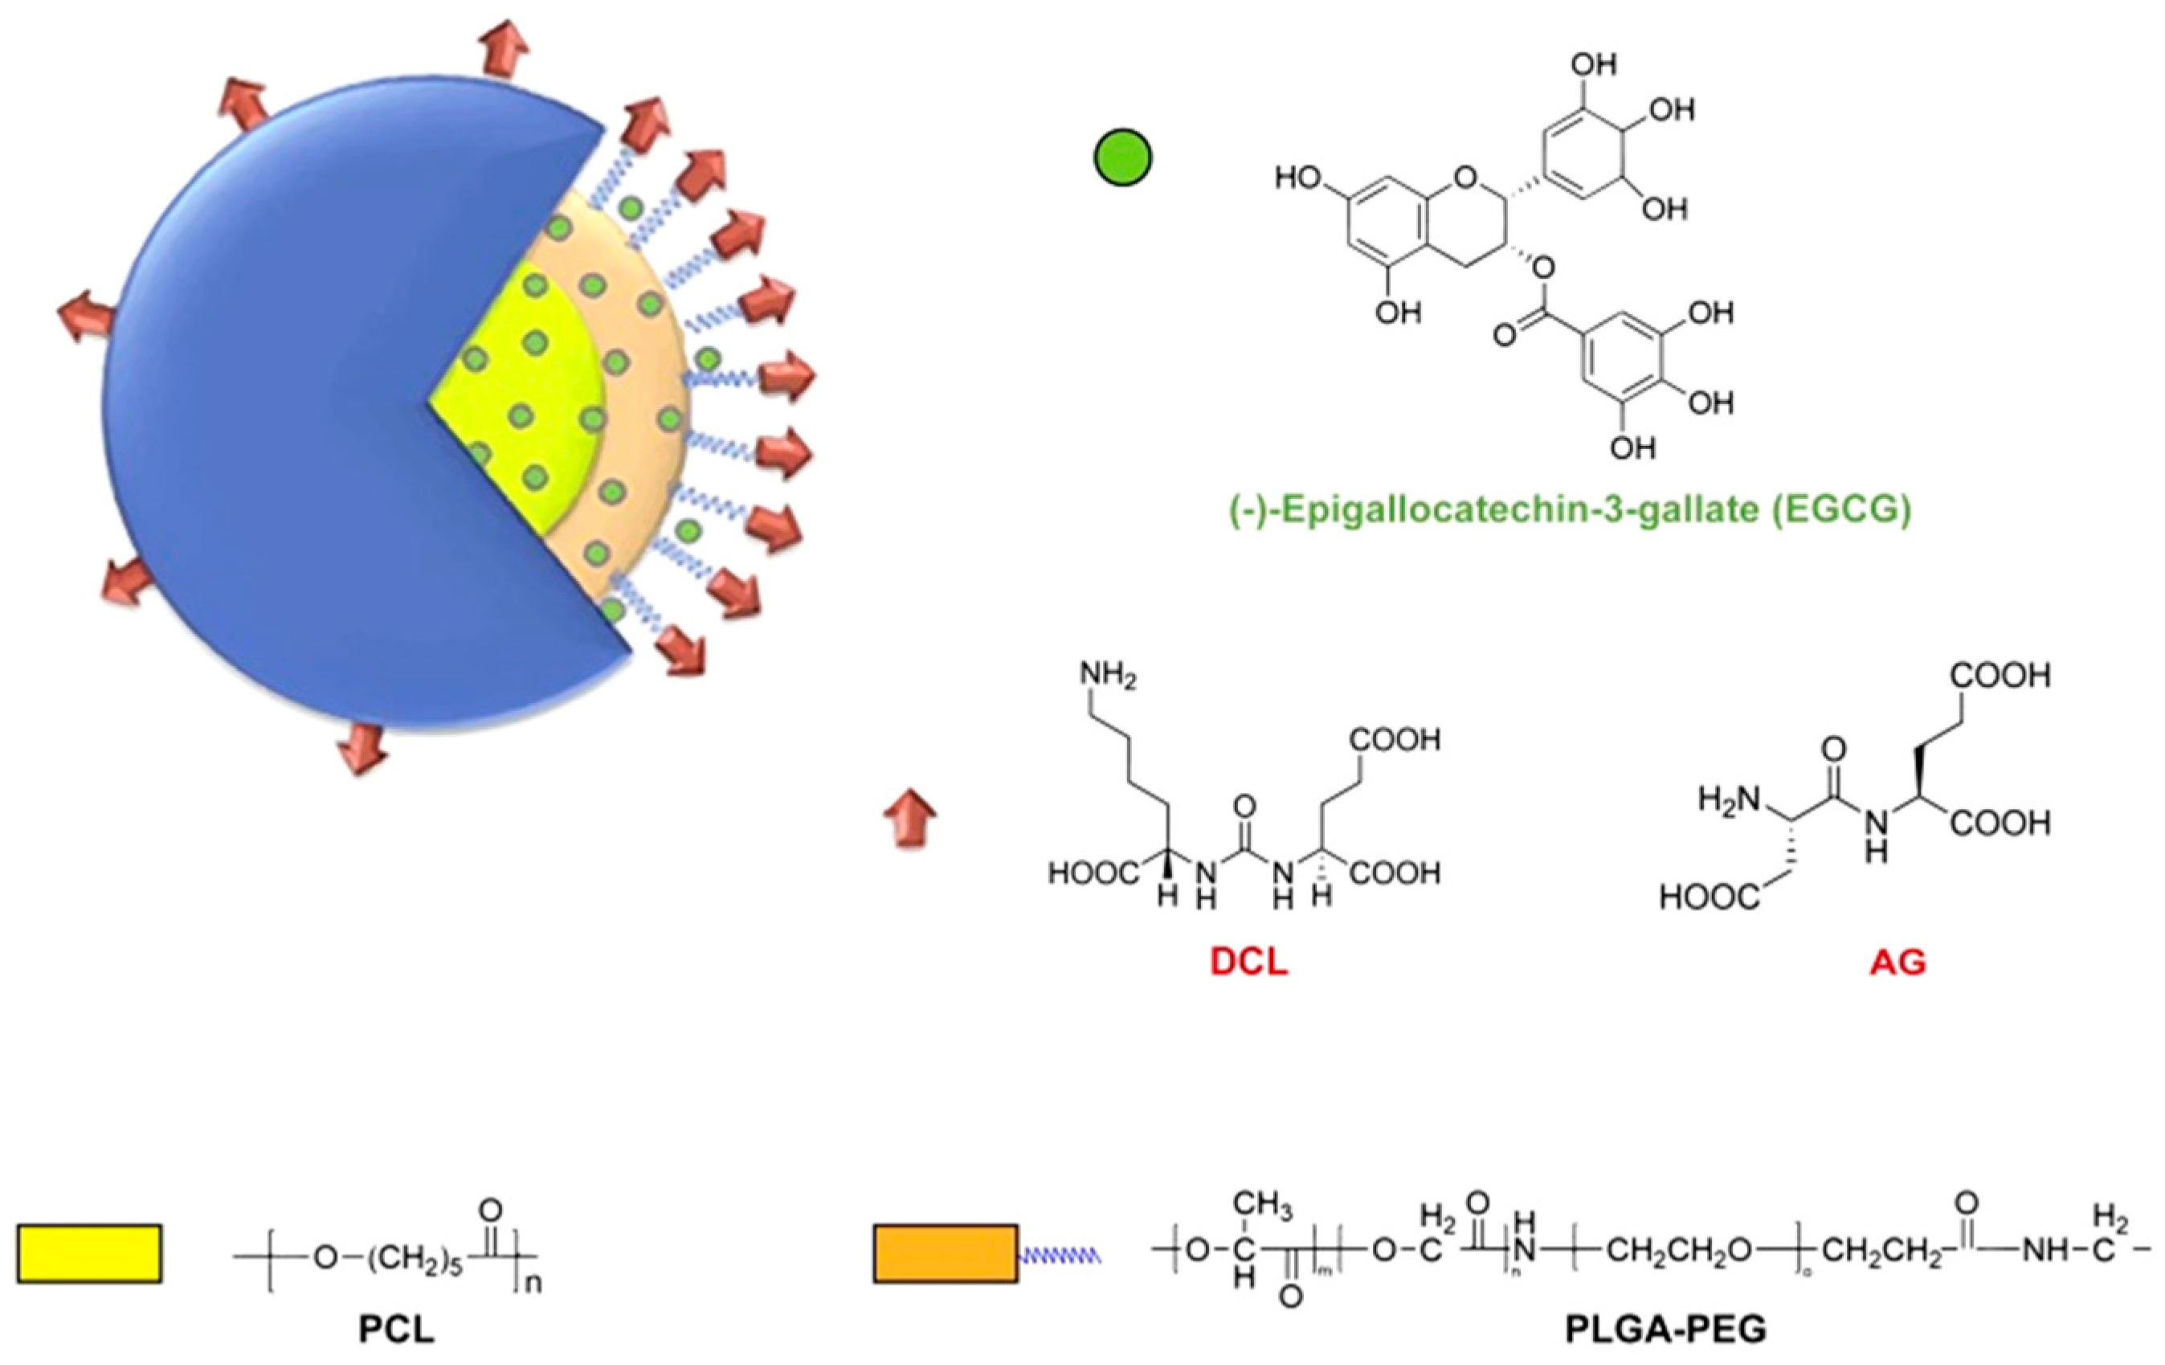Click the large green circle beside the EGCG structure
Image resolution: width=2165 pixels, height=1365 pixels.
1123,158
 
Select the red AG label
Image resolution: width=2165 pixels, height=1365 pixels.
1898,963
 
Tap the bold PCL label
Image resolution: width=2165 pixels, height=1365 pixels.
397,1329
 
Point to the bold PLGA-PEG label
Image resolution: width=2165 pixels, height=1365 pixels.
1666,1329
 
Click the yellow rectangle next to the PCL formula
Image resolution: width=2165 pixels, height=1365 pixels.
89,1253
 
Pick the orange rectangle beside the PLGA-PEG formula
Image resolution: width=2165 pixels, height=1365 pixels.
946,1253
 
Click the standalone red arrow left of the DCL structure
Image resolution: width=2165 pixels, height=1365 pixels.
911,819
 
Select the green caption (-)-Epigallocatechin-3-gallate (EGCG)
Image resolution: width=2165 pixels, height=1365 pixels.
1570,510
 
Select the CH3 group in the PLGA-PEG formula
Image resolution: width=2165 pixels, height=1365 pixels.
1262,1204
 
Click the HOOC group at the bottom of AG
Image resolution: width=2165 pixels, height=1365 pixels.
1708,897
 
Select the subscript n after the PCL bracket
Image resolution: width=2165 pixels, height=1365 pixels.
533,1283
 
